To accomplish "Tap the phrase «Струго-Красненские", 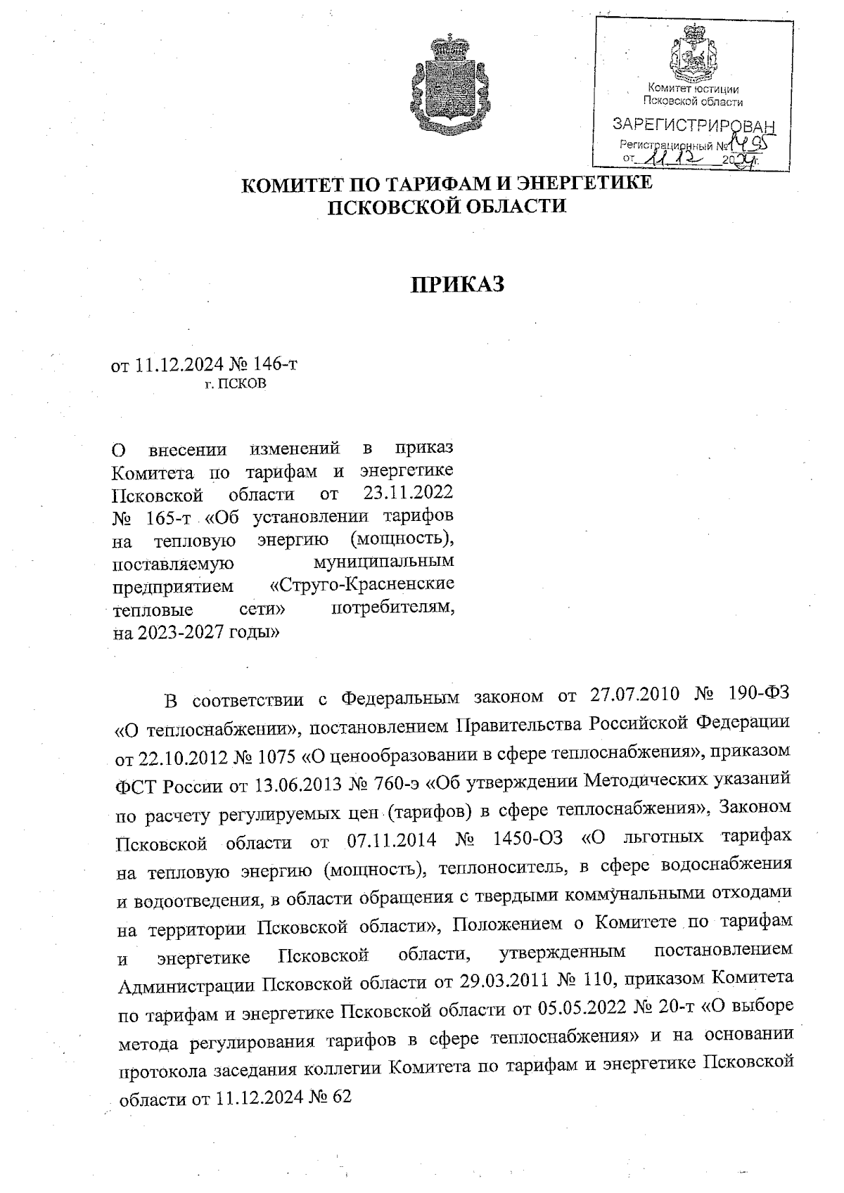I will pyautogui.click(x=362, y=584).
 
